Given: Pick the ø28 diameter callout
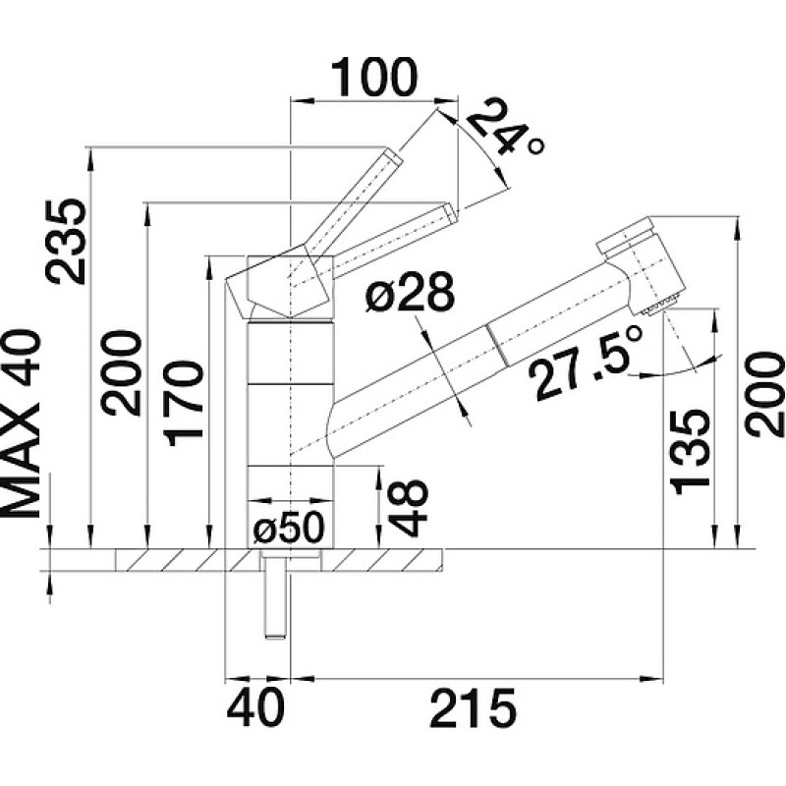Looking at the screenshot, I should coord(410,294).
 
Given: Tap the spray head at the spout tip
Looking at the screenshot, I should coord(649,265).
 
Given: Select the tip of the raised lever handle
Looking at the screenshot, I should coord(391,157).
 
